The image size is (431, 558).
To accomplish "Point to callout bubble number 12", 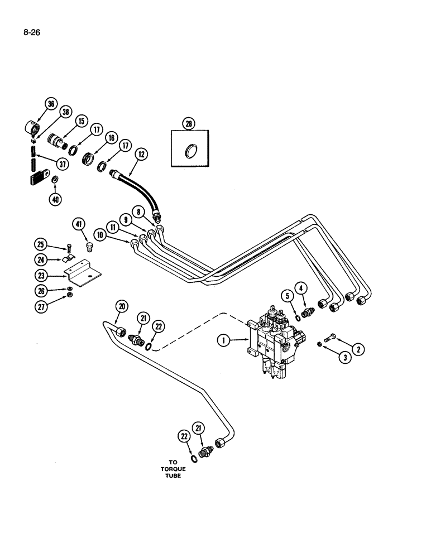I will tap(141, 153).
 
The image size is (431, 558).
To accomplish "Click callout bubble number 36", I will tap(36, 104).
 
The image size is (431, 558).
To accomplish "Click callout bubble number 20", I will tap(122, 306).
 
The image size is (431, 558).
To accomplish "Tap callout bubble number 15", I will tap(81, 121).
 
